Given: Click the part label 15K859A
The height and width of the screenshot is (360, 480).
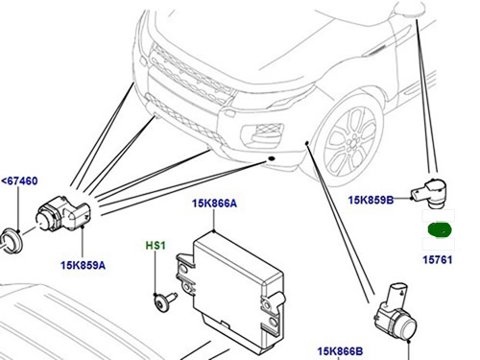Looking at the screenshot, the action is coord(83,265).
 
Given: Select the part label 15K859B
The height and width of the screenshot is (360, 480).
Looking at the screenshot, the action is coord(371,200).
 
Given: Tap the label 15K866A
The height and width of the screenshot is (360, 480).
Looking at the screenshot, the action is coord(214,204).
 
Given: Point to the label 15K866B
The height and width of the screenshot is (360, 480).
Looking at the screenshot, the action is coord(340,351).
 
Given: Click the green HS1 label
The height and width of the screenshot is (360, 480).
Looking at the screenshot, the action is coord(156,246).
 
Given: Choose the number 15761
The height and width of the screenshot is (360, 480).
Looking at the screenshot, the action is coord(438,259).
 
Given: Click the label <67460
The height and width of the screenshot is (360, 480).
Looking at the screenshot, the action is coord(20,180).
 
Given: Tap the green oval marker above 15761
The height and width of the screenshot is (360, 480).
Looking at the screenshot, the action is coord(440,229).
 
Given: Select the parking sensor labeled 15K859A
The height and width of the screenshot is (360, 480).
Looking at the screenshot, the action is coord(63,213).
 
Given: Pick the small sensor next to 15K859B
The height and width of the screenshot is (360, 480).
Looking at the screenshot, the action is coord(430,193).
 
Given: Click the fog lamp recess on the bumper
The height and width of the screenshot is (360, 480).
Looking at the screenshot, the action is coord(263,135).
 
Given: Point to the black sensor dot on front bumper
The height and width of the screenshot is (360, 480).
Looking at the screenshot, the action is coord(272,158).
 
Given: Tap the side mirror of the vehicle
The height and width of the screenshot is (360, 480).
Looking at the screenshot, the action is coord(410,9).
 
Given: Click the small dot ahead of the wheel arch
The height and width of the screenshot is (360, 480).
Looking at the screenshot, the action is coord(306,142).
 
